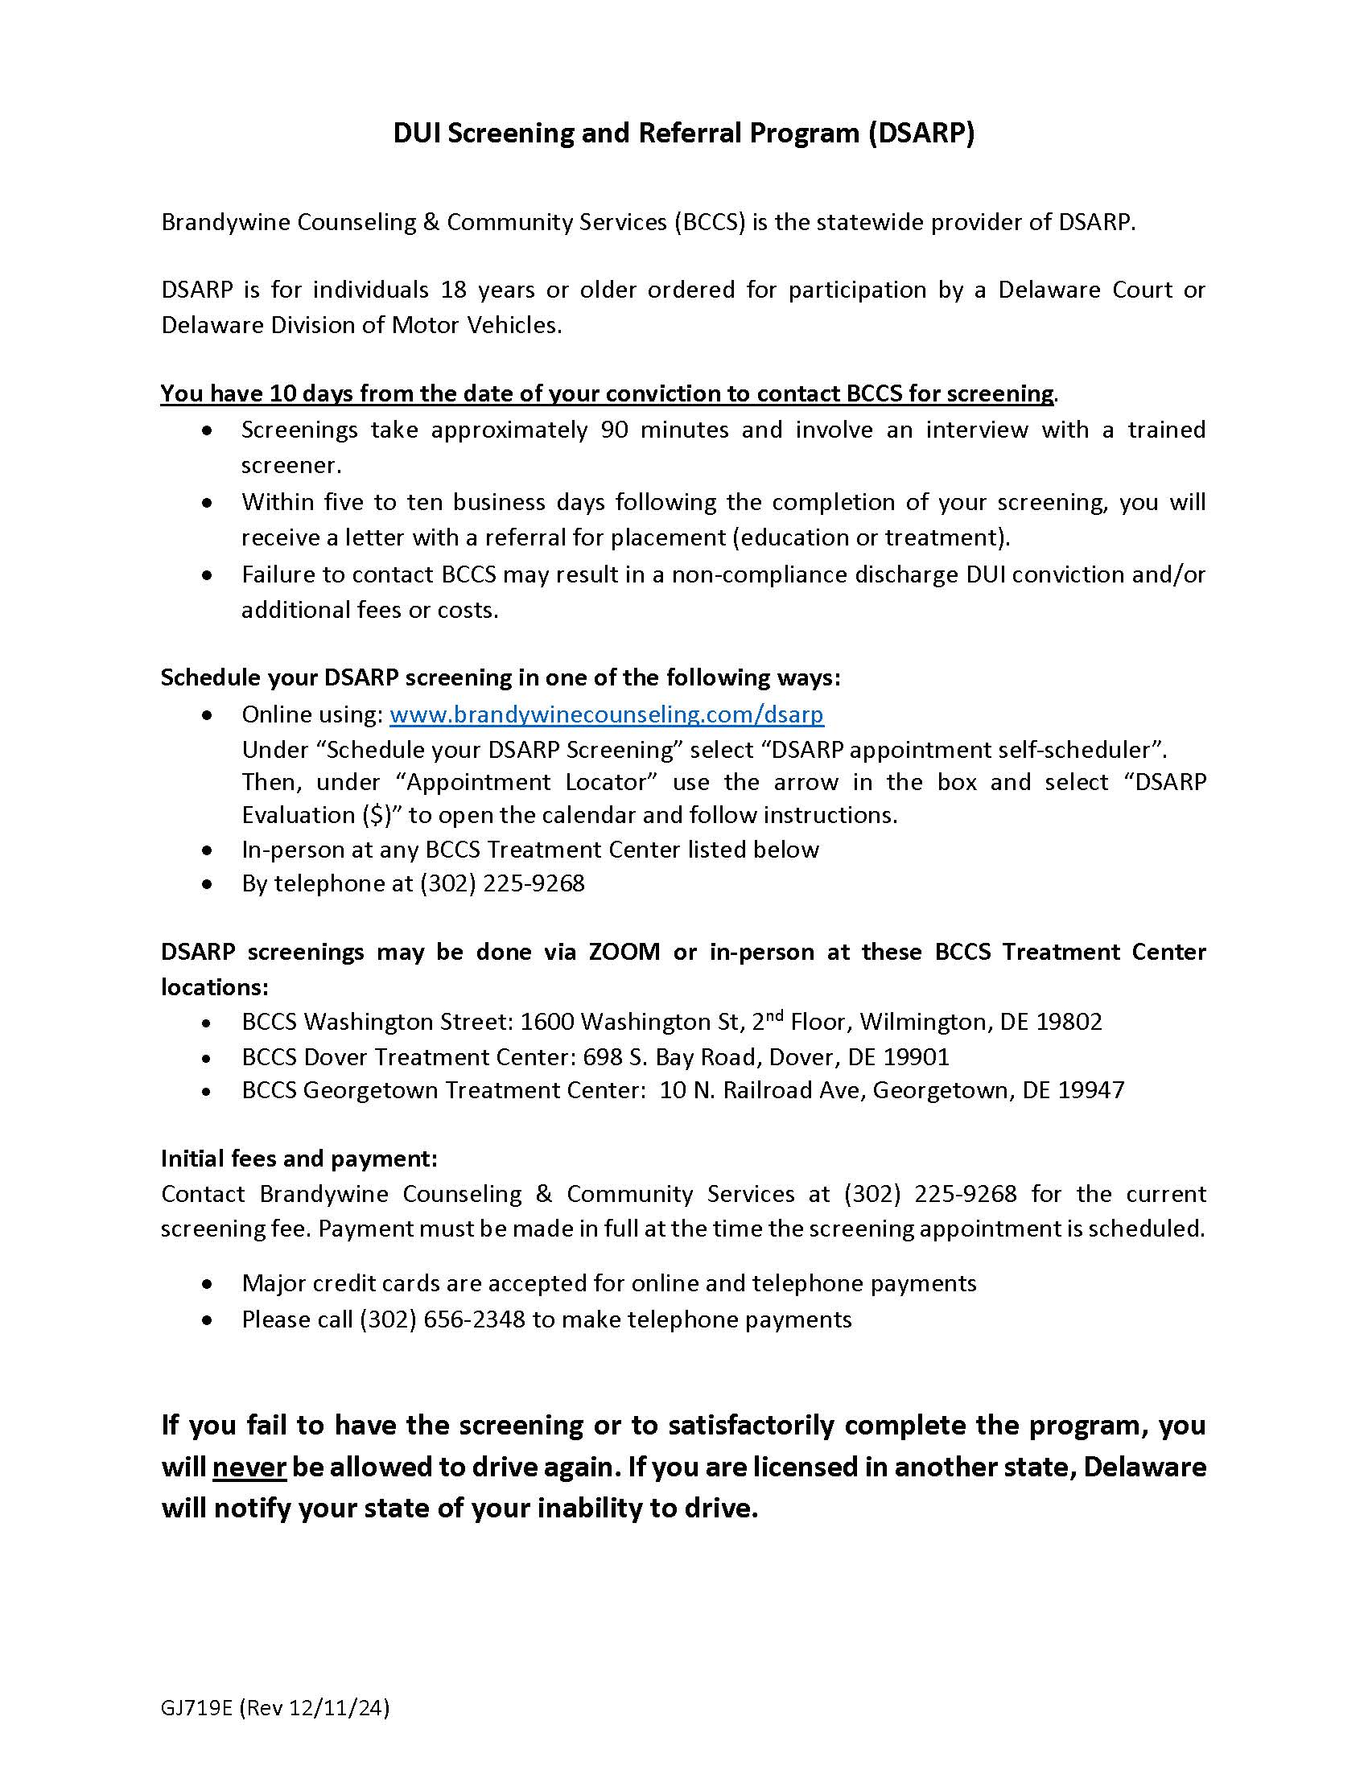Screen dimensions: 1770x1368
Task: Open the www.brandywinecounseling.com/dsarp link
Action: [606, 714]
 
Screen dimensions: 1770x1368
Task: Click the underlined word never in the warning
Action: [249, 1467]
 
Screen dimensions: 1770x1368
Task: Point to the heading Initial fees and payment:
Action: [299, 1159]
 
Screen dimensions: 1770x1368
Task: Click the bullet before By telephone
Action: [208, 884]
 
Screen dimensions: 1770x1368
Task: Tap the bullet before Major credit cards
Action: [208, 1285]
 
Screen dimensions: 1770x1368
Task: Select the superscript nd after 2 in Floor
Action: [775, 1015]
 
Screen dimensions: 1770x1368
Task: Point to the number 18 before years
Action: [452, 290]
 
